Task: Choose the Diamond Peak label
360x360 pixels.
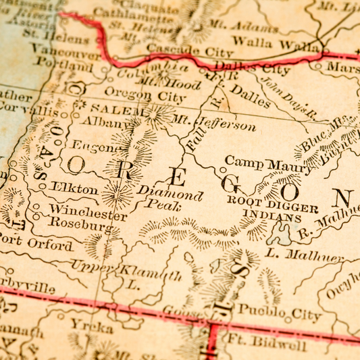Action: pyautogui.click(x=170, y=197)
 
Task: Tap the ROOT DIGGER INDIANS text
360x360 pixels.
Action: pyautogui.click(x=272, y=209)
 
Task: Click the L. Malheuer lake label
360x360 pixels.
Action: pyautogui.click(x=305, y=256)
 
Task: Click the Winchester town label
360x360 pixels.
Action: pyautogui.click(x=87, y=213)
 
